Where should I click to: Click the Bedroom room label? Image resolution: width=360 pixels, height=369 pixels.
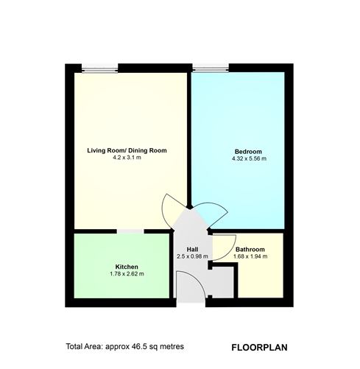248,152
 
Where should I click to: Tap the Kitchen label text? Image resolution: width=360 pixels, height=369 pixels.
127,267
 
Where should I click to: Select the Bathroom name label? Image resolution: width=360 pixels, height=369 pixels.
250,250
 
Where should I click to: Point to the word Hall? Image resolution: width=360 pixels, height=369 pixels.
192,250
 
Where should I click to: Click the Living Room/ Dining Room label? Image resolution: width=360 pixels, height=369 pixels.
127,150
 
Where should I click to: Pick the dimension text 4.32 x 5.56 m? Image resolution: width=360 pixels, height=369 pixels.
249,158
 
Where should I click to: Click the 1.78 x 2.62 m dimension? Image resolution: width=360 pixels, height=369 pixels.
127,274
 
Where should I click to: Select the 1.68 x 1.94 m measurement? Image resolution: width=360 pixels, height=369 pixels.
250,256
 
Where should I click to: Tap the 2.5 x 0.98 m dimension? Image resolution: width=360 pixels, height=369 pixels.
192,256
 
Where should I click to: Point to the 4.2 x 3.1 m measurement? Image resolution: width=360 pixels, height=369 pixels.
127,158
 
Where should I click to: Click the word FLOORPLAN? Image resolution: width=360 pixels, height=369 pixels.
259,348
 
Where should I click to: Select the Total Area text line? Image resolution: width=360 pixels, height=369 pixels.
124,347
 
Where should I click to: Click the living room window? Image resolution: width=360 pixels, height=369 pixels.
99,68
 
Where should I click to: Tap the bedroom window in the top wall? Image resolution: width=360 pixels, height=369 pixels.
211,68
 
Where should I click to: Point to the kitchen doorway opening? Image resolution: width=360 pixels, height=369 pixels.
130,231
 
